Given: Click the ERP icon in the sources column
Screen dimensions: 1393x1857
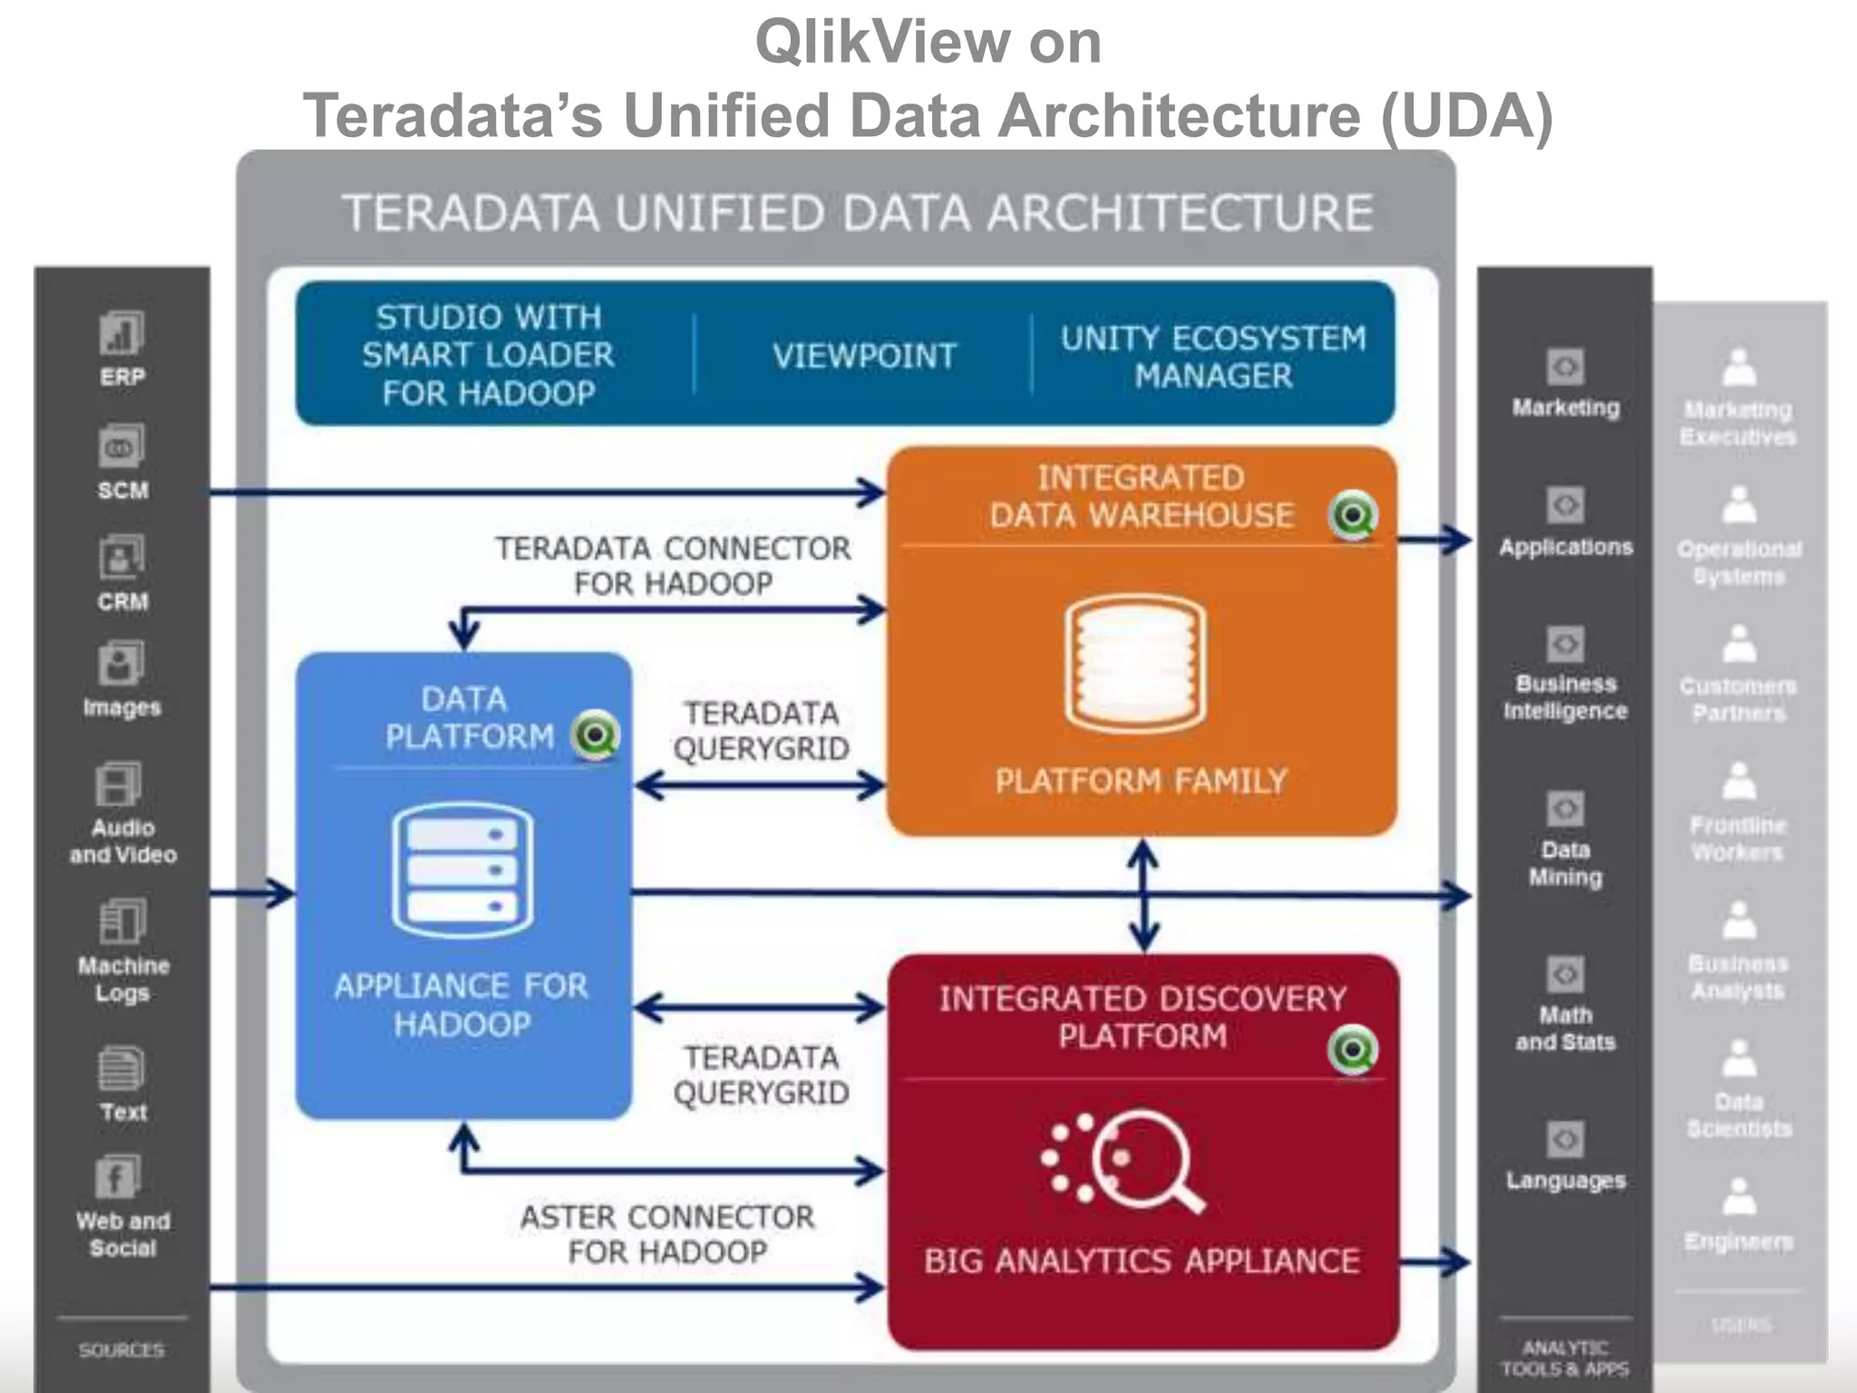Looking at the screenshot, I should (122, 334).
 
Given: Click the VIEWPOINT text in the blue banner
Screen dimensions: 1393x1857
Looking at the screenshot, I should (864, 356).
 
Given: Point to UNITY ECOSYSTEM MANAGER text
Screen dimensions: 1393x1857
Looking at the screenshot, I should (1212, 356).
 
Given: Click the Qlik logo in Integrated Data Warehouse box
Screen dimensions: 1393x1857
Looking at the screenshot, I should (1353, 515).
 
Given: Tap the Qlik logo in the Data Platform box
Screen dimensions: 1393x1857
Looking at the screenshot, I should (596, 735).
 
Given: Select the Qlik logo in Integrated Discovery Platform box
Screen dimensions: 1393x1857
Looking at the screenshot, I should (1353, 1050).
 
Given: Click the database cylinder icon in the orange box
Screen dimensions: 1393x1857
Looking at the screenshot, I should (1135, 664).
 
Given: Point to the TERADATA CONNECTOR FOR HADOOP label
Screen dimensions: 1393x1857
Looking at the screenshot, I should (673, 566).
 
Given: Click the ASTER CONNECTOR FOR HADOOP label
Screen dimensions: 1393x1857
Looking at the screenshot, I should (667, 1234).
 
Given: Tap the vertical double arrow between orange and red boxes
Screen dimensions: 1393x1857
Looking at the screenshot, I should (1143, 894).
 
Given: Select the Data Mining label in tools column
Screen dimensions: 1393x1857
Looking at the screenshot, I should (1565, 863).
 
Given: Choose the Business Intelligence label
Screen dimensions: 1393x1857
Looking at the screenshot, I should (1565, 697).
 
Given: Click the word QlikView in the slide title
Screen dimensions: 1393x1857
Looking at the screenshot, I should (882, 42).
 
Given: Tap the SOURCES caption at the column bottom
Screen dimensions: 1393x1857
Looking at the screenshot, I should (122, 1350).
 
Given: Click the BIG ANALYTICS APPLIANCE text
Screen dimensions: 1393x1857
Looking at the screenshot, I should (1142, 1261).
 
